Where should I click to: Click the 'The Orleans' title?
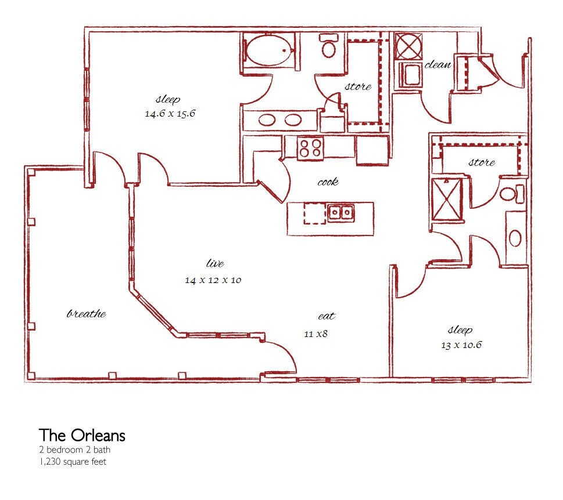[83, 435]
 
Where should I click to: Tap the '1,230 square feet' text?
[73, 462]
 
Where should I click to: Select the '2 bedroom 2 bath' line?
[75, 450]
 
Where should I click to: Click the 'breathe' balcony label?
[87, 314]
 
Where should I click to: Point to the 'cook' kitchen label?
[328, 182]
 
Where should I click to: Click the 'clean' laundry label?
[438, 65]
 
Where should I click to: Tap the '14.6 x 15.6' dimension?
[170, 114]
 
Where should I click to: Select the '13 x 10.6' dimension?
[461, 345]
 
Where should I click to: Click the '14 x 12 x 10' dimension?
[213, 280]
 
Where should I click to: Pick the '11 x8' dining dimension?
[316, 334]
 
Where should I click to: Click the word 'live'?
[215, 263]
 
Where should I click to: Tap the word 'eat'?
[327, 316]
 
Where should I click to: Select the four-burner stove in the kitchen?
[311, 148]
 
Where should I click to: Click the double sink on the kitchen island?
[340, 212]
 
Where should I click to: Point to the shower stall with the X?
[447, 200]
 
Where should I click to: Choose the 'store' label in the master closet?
[358, 86]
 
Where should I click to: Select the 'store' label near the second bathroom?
[482, 162]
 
